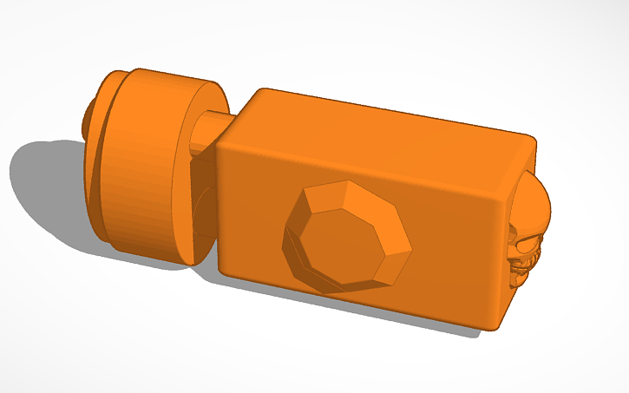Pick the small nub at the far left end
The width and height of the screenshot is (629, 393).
[x=89, y=116]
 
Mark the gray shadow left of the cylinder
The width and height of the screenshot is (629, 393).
[x=43, y=182]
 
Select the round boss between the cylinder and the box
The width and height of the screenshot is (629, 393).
[x=201, y=208]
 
